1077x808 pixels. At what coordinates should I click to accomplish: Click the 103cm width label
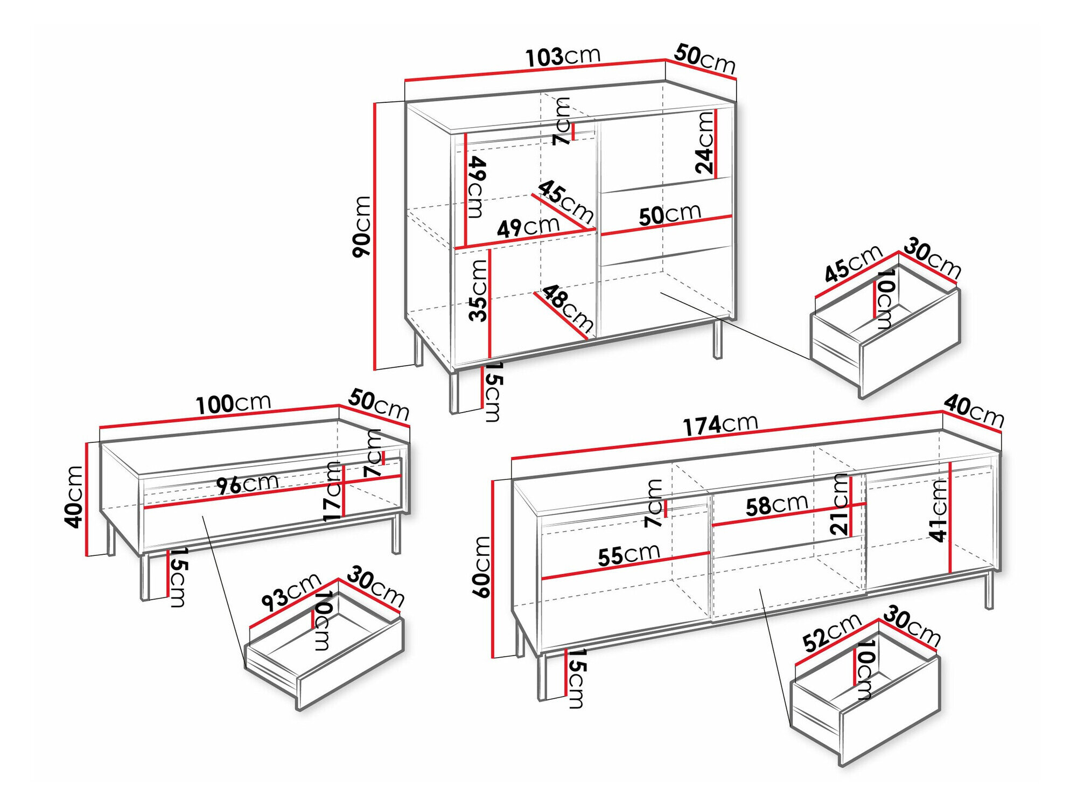[x=562, y=57]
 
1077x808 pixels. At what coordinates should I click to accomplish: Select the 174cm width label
[x=721, y=425]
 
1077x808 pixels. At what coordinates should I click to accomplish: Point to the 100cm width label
[x=233, y=404]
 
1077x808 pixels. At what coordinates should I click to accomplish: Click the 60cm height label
[x=481, y=567]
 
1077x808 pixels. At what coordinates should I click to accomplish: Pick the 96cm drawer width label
[x=248, y=484]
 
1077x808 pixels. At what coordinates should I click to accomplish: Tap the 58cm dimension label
[x=777, y=505]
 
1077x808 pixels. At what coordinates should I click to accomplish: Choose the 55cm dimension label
[x=629, y=555]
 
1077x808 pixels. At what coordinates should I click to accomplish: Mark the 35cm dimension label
[x=478, y=291]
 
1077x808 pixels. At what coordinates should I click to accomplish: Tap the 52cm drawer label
[x=832, y=632]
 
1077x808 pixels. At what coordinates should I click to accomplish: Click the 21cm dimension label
[x=840, y=504]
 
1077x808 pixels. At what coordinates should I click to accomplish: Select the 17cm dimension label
[x=333, y=492]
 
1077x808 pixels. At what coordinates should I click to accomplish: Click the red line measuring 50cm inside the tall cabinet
[x=666, y=225]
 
